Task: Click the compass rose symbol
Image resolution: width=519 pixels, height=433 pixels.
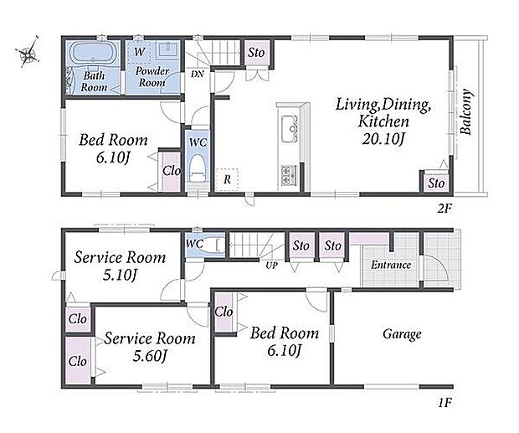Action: pyautogui.click(x=28, y=52)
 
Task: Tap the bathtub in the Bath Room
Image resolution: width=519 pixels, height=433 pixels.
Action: pyautogui.click(x=91, y=52)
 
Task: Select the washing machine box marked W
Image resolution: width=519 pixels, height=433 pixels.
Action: pyautogui.click(x=139, y=52)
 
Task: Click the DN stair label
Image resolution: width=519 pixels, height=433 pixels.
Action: pyautogui.click(x=198, y=74)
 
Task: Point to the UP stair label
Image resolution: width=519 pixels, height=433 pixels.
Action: pyautogui.click(x=271, y=265)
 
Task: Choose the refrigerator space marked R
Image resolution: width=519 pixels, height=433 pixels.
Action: pyautogui.click(x=227, y=180)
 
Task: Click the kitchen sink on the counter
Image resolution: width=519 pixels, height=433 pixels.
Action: pyautogui.click(x=290, y=128)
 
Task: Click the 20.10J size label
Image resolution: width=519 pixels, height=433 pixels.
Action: pyautogui.click(x=383, y=139)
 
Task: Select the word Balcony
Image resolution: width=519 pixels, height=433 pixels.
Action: pyautogui.click(x=466, y=111)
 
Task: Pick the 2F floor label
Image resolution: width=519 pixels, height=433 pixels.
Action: pyautogui.click(x=444, y=209)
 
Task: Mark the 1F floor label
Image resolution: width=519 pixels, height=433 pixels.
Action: pyautogui.click(x=444, y=403)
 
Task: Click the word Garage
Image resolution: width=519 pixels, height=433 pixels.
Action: pyautogui.click(x=402, y=334)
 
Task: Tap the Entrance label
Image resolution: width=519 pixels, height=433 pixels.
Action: pyautogui.click(x=391, y=265)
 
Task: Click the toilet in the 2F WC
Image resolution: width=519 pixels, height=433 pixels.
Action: pyautogui.click(x=198, y=168)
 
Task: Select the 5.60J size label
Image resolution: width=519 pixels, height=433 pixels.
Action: pyautogui.click(x=149, y=356)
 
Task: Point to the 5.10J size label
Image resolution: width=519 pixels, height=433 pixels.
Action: pyautogui.click(x=120, y=275)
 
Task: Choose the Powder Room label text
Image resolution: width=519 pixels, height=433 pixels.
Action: pyautogui.click(x=152, y=76)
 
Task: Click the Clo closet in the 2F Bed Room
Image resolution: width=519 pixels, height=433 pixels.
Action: pyautogui.click(x=172, y=171)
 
